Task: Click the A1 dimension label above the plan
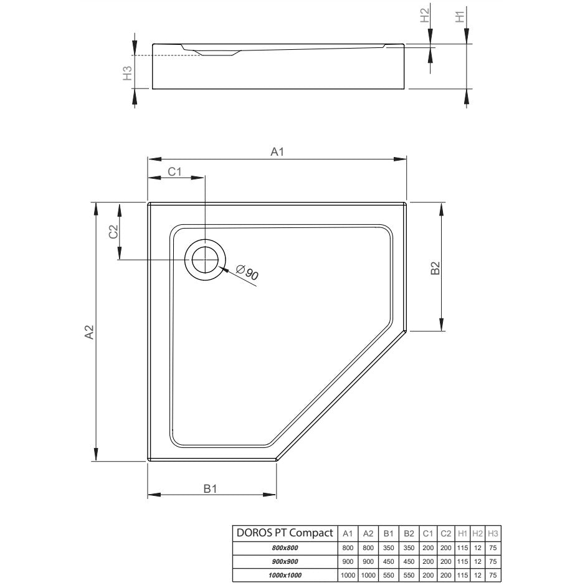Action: coord(277,152)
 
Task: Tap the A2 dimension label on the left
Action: coord(89,332)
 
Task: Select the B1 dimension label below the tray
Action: coord(210,488)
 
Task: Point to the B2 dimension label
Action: coord(435,269)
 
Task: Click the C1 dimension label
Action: coord(174,171)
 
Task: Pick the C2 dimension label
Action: coord(113,232)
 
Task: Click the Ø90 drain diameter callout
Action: coord(247,272)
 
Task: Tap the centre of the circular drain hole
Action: coord(205,260)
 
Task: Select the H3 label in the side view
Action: coord(128,73)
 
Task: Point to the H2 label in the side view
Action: coord(425,16)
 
